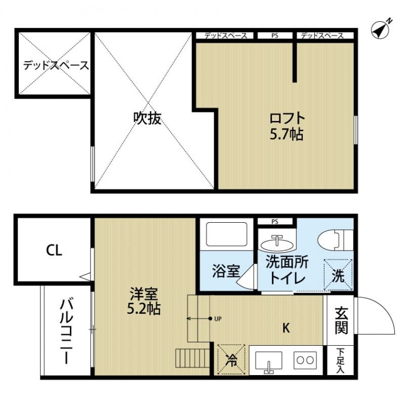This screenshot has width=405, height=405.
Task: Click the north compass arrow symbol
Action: (381, 29)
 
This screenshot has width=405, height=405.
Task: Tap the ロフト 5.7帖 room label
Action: (287, 126)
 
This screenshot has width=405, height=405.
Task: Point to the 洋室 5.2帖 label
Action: (144, 301)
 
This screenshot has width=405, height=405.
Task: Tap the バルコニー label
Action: (66, 332)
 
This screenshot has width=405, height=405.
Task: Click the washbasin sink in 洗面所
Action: (277, 243)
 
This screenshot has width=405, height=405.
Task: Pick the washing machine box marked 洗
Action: (338, 275)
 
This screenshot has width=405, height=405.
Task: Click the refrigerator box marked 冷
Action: (231, 360)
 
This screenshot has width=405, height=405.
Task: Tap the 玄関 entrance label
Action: (341, 321)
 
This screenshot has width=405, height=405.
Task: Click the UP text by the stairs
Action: (218, 319)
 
